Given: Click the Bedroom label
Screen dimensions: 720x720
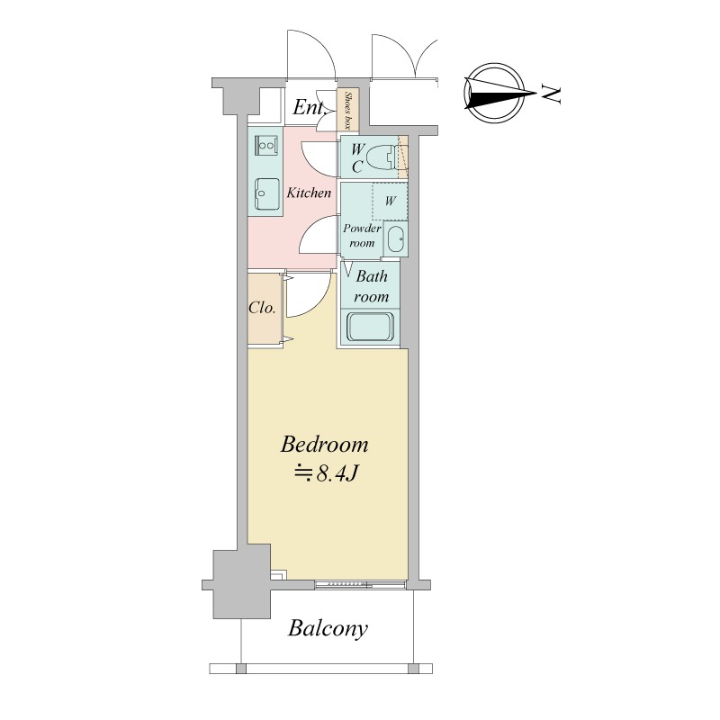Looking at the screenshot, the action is [x=324, y=445].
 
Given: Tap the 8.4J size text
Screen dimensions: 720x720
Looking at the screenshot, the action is [x=325, y=474].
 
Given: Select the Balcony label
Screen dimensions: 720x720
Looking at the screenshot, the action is [x=328, y=628].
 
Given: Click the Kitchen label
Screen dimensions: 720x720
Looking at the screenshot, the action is [x=309, y=193].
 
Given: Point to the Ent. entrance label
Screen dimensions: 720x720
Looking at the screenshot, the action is [x=309, y=108].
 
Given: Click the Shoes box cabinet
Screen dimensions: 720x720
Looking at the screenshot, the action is [x=348, y=110].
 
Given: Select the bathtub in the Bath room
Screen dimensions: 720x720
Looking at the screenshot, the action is [x=370, y=328].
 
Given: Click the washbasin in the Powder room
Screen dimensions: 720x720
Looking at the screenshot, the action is [x=395, y=238].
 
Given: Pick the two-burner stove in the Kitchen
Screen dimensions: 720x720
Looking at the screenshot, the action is [x=265, y=146].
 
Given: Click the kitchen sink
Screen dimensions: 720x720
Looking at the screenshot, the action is [x=266, y=194].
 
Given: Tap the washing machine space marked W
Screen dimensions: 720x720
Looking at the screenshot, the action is [x=390, y=202].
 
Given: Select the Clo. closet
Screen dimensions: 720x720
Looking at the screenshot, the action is [x=265, y=308].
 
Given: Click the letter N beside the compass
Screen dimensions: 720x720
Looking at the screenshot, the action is [x=551, y=94].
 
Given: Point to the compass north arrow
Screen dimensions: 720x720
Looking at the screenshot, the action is [x=500, y=94].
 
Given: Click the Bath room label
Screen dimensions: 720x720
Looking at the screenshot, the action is [x=371, y=286].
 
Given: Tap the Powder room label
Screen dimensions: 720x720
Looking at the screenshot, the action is [x=362, y=235].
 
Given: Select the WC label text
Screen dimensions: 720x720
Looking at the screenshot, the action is [x=357, y=158].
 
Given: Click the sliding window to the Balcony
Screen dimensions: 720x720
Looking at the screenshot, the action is [x=361, y=584].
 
